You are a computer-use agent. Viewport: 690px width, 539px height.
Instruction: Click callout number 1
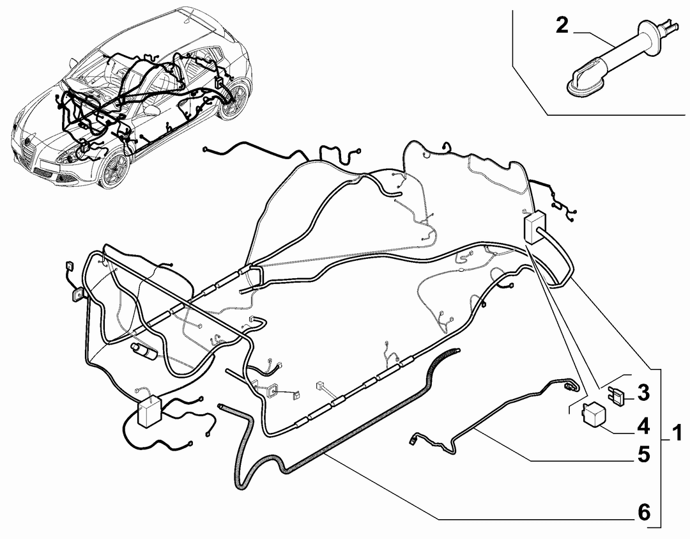(x=676, y=433)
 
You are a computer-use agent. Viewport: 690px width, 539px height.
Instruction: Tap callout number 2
(x=562, y=26)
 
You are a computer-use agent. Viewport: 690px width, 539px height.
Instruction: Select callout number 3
(x=643, y=393)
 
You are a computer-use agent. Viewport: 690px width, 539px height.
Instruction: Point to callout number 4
(x=643, y=426)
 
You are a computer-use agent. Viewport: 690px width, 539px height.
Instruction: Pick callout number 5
(x=643, y=455)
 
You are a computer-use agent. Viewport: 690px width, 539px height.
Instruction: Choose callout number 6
(x=643, y=512)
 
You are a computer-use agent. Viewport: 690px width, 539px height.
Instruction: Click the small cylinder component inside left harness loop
(x=145, y=351)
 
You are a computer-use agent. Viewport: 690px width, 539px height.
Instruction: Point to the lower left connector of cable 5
(x=414, y=439)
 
